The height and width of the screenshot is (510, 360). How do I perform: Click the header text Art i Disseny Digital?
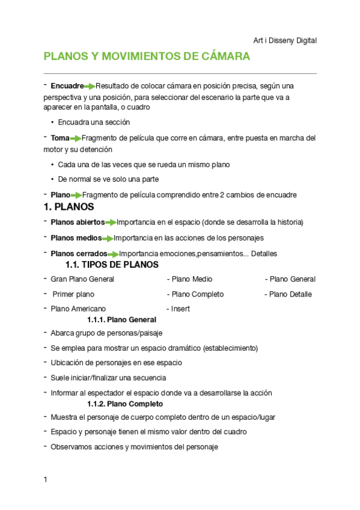click(285, 40)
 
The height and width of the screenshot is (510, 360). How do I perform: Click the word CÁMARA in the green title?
click(221, 57)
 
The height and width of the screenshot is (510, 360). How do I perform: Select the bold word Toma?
click(60, 138)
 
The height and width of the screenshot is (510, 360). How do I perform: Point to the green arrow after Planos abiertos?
click(111, 223)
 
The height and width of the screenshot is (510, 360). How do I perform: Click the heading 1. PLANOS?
click(69, 207)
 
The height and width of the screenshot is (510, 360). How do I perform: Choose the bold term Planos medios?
click(76, 238)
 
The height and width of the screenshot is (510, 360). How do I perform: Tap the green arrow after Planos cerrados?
click(113, 254)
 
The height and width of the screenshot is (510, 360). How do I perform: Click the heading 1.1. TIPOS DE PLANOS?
click(112, 265)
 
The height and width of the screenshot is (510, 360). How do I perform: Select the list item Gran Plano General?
click(82, 279)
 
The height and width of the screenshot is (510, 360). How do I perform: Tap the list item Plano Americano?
click(78, 309)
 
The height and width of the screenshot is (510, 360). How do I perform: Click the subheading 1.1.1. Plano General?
click(121, 320)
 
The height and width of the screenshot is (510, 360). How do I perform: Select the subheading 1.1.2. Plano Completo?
click(124, 404)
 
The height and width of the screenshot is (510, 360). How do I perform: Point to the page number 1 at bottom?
click(45, 479)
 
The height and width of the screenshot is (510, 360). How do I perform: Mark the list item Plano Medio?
click(192, 279)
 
